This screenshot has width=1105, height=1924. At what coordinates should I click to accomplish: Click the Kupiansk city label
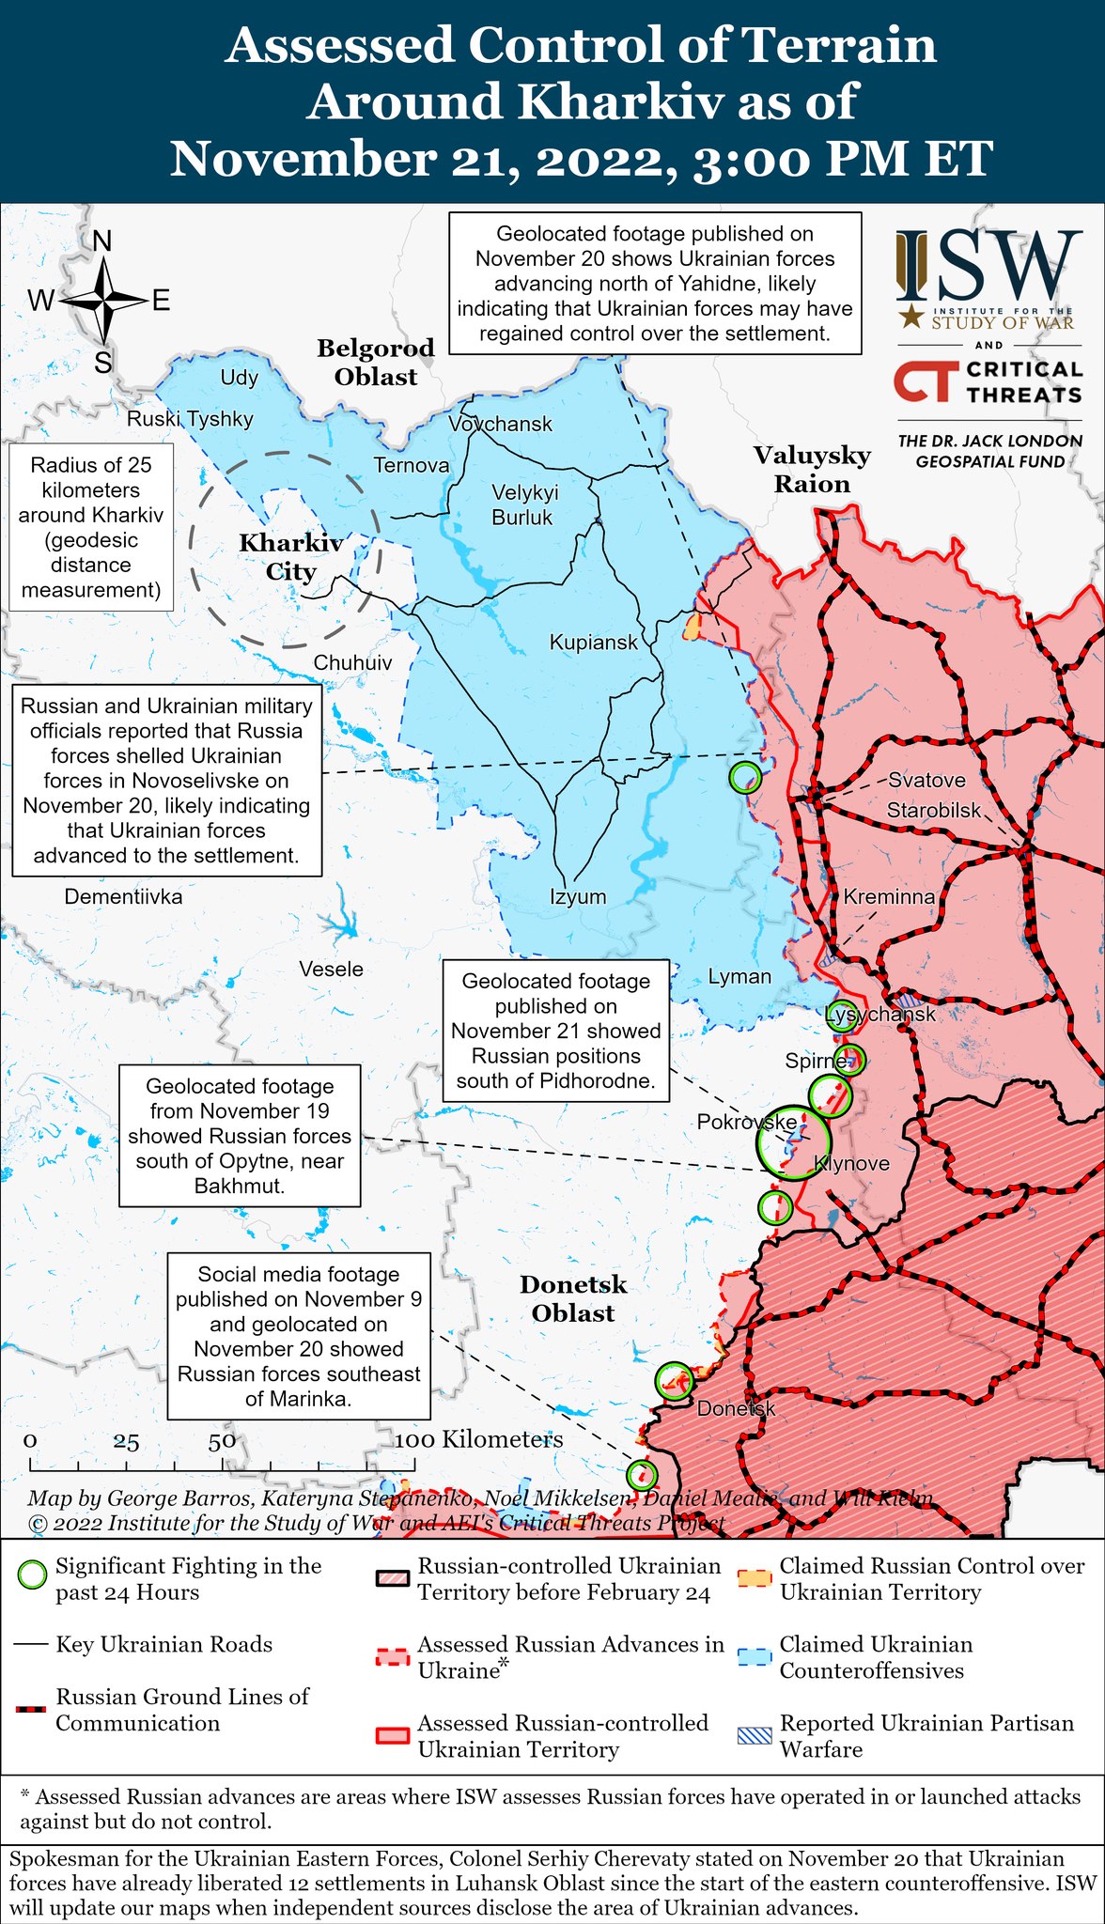point(593,643)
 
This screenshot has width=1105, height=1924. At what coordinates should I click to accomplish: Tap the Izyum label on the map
point(578,896)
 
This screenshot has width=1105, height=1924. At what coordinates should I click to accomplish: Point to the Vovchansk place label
point(500,424)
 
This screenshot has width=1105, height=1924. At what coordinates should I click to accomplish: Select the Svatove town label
point(926,780)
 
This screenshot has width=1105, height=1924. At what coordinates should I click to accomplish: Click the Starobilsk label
point(934,810)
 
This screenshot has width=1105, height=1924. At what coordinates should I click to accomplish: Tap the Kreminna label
point(889,896)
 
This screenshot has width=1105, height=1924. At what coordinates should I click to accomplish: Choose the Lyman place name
point(739,976)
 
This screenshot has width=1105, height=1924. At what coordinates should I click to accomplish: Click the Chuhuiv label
point(352,662)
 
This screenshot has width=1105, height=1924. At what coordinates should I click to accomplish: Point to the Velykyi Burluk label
point(523,504)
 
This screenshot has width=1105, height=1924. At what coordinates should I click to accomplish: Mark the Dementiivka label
point(123,896)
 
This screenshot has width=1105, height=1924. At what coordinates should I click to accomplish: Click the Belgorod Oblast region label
point(376,363)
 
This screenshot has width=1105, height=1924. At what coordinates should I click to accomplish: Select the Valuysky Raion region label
point(812,470)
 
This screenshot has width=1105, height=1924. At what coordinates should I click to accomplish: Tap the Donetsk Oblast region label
point(573,1298)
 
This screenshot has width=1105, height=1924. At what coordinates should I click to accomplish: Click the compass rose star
point(103,301)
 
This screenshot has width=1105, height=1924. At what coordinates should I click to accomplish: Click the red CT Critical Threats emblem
point(925,381)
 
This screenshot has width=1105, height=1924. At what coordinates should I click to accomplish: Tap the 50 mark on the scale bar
point(222,1442)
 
